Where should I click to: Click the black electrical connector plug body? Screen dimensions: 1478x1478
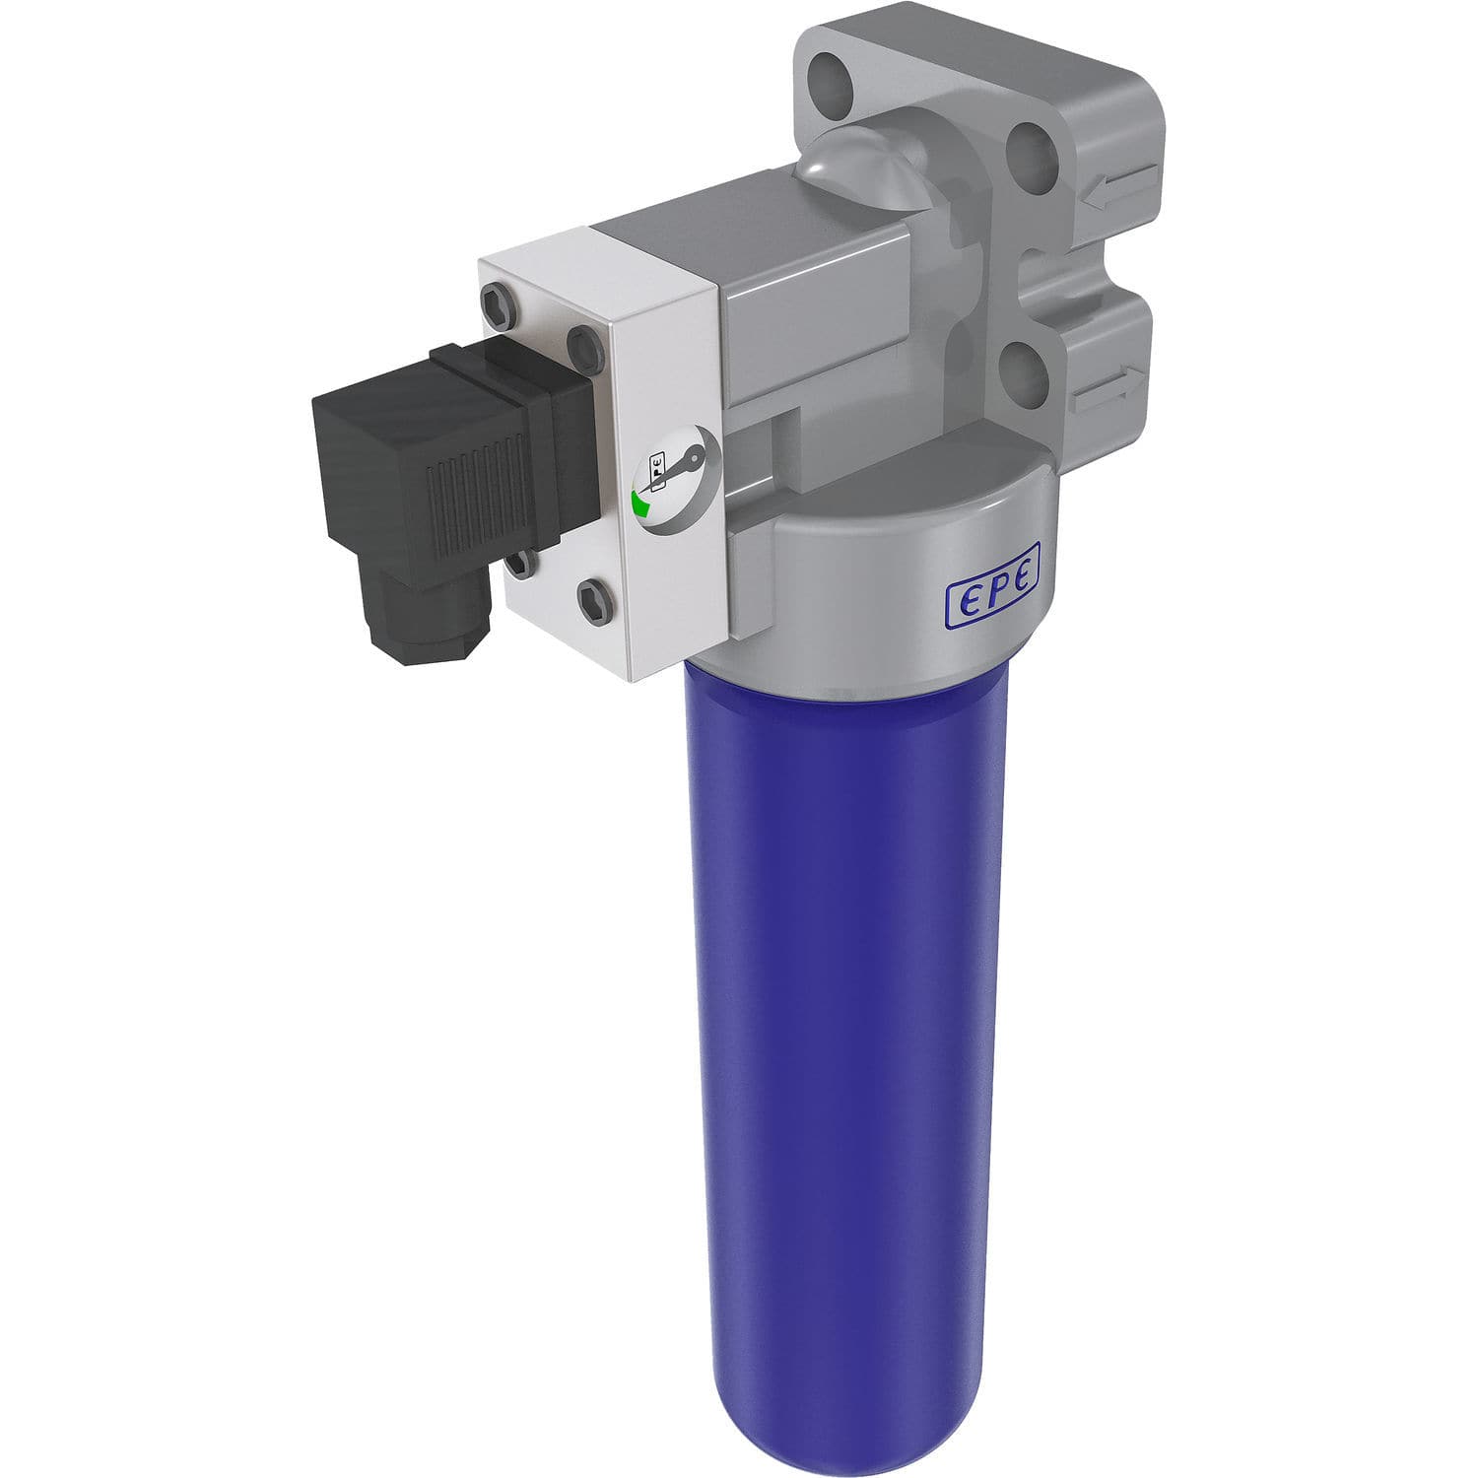[x=443, y=463]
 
